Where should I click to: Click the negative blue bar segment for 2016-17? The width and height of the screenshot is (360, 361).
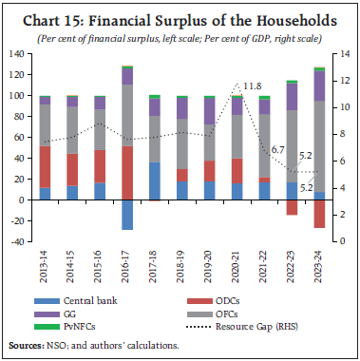126,215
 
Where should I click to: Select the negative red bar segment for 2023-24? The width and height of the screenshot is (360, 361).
319,214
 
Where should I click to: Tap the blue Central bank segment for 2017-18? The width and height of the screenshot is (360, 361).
155,181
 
